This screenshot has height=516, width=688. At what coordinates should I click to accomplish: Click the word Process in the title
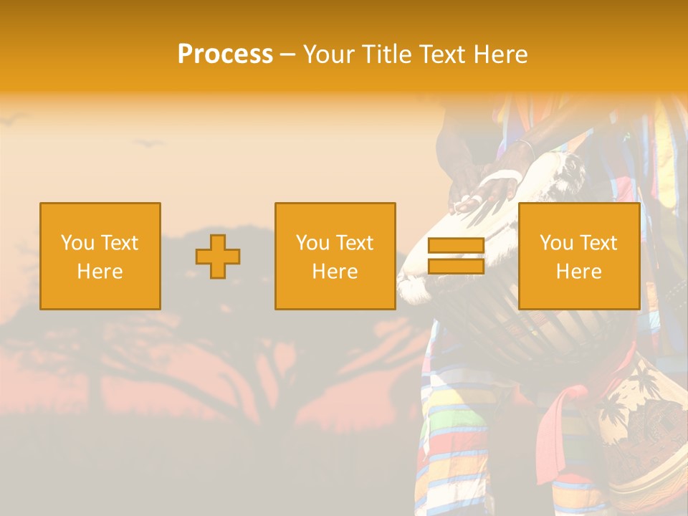click(x=225, y=54)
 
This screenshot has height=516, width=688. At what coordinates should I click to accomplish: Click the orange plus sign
click(x=218, y=257)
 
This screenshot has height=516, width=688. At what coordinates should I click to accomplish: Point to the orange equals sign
click(x=456, y=257)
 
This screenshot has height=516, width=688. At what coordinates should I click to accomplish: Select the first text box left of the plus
click(x=100, y=257)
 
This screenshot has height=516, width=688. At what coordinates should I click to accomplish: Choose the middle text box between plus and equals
click(x=335, y=257)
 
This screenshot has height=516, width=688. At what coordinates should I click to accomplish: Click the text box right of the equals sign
click(x=579, y=257)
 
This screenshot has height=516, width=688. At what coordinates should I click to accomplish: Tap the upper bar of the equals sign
click(x=456, y=247)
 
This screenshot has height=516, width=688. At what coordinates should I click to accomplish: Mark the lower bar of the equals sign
click(x=456, y=267)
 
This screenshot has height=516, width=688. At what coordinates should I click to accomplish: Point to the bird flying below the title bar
click(x=149, y=143)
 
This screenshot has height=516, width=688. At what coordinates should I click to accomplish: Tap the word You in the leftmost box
click(x=77, y=243)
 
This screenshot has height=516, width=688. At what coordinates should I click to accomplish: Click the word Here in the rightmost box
click(x=579, y=272)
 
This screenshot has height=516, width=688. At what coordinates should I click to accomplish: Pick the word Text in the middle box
click(x=355, y=243)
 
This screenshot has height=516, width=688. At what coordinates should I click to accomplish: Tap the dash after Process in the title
click(x=287, y=55)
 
